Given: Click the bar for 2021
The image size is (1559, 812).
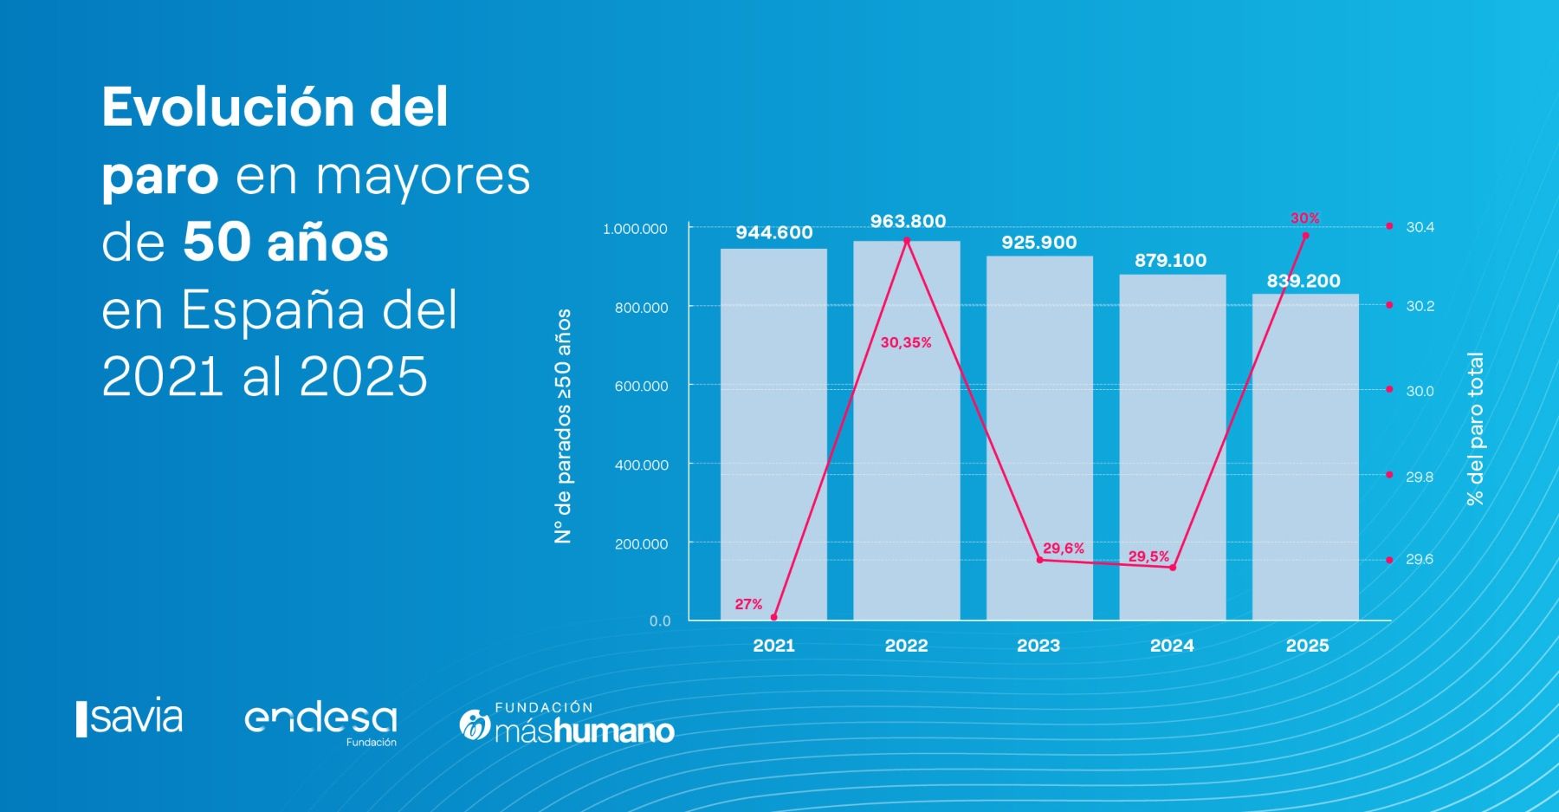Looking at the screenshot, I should point(773,433).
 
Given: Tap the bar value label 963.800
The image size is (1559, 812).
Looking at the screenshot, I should point(908,221).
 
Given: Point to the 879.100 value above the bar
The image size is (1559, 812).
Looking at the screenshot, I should point(1170,260).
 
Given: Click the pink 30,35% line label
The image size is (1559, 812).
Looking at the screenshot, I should point(906,342).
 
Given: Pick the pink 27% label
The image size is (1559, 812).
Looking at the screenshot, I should point(748,604).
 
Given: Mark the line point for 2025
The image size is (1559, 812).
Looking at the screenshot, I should point(1305,236).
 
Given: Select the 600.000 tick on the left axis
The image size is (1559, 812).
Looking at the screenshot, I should point(642,387).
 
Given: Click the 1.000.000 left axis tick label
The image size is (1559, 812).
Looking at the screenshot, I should point(635,229).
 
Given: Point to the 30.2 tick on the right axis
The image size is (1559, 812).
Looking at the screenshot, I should point(1420,306).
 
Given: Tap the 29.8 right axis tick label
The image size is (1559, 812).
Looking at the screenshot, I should point(1420,477).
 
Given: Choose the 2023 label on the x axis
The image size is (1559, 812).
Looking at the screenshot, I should point(1038,645).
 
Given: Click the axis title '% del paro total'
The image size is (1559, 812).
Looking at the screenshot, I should point(1475,428).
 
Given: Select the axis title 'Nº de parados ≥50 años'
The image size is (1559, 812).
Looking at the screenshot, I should point(563,425).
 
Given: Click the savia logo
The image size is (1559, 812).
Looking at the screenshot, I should point(130,718).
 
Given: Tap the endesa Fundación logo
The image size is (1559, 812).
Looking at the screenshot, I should point(320,723).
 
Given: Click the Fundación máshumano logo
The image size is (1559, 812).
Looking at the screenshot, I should point(567,724).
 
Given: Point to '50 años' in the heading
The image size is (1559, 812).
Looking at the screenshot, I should point(285,243).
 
